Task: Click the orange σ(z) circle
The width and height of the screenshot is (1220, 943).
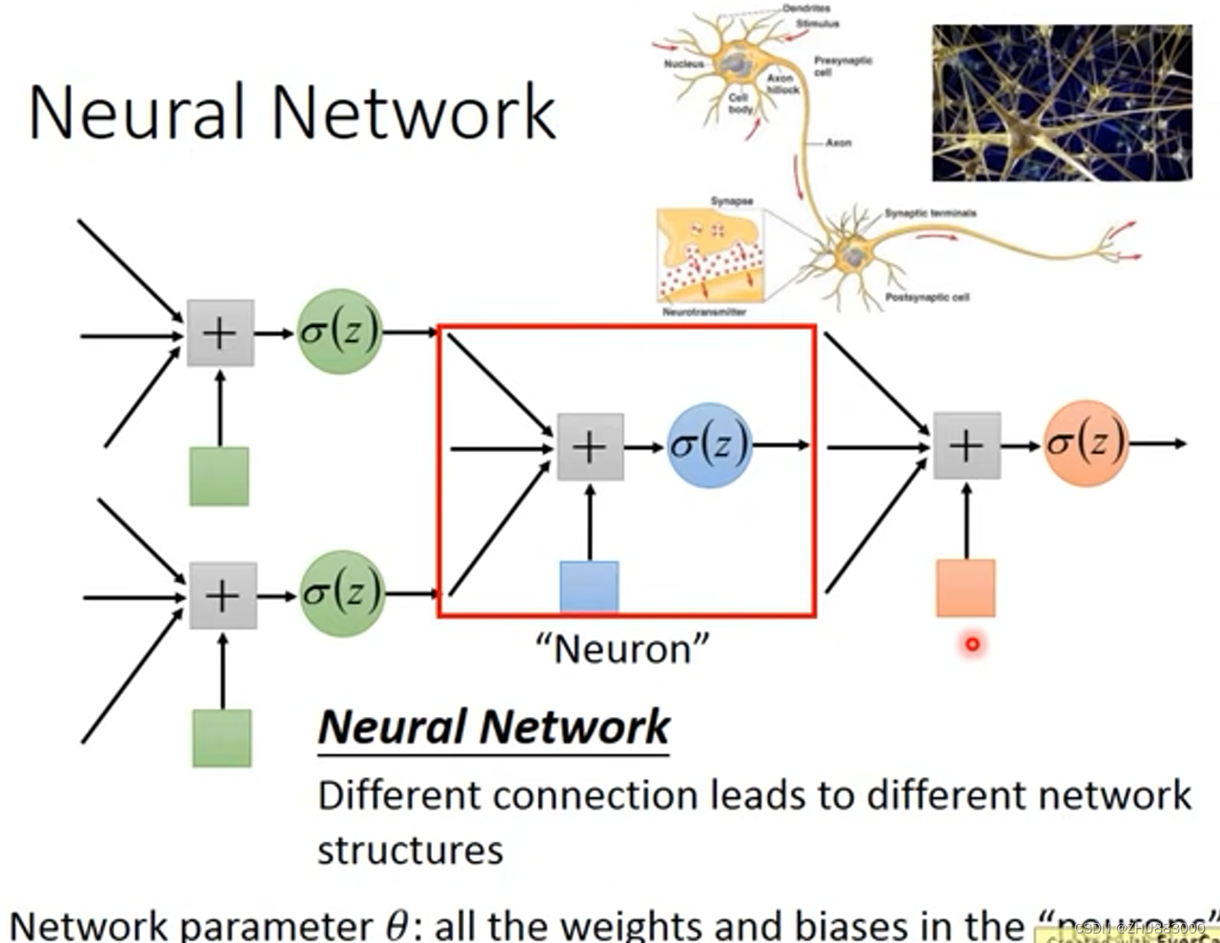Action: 1086,444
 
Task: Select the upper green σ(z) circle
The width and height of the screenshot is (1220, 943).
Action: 339,332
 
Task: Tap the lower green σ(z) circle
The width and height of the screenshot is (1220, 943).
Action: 342,593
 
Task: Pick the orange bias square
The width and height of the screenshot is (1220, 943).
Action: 966,588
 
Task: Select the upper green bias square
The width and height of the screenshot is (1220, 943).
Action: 219,476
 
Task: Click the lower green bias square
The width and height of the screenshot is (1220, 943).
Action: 222,738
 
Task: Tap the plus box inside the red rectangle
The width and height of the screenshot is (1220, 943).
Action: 590,446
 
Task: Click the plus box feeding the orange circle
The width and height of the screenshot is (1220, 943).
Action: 966,445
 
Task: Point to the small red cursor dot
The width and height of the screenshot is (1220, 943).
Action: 972,645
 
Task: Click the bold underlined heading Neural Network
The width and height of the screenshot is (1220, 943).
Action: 494,728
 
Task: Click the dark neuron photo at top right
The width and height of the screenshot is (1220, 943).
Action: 1061,103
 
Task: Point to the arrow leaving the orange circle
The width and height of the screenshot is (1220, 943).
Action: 1158,443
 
